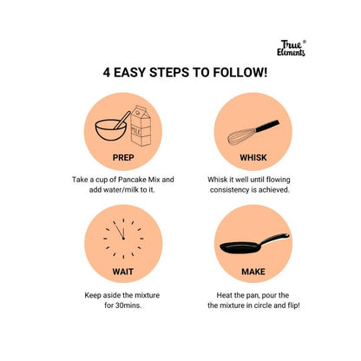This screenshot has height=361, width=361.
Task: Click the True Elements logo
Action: click(x=291, y=48)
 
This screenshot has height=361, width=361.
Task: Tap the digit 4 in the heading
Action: click(x=107, y=73)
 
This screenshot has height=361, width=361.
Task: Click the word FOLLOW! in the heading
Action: click(x=240, y=72)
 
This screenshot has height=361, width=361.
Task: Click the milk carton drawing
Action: click(x=141, y=126)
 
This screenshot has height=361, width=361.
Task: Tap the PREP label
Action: click(x=123, y=158)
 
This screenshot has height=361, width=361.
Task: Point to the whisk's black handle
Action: click(x=267, y=126)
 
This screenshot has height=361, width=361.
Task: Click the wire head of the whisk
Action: click(x=241, y=136)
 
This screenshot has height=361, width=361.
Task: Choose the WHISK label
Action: click(x=253, y=158)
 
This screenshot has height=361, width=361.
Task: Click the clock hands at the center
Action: click(x=120, y=232)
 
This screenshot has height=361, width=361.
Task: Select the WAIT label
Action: click(x=123, y=272)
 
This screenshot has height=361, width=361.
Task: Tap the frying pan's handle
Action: click(x=274, y=240)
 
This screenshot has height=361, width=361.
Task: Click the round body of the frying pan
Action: click(x=240, y=247)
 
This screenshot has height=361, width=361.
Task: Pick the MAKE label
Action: click(x=253, y=272)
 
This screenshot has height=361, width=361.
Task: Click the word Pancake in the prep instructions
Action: click(x=133, y=180)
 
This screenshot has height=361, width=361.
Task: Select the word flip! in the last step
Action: click(x=293, y=305)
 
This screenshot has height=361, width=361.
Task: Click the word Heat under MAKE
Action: click(x=224, y=295)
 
